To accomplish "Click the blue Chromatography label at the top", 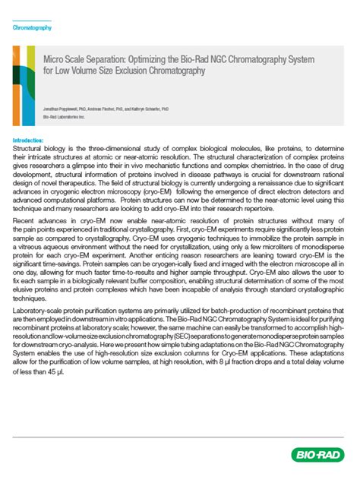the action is click(33, 27).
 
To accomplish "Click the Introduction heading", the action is click(29, 141).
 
